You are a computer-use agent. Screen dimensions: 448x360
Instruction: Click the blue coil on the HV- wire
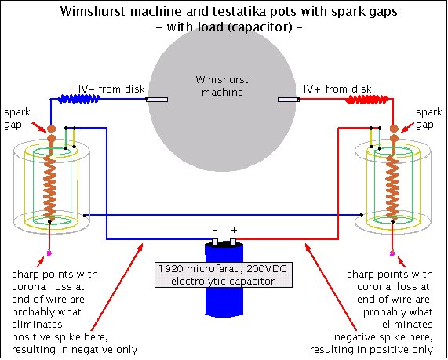click(x=79, y=99)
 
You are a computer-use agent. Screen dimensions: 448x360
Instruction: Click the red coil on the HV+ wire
click(x=367, y=100)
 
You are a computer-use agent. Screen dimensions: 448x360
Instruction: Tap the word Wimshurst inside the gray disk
click(x=222, y=79)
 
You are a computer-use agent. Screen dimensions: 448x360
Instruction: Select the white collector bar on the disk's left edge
click(x=157, y=100)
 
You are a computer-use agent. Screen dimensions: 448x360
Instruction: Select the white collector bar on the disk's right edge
click(x=289, y=100)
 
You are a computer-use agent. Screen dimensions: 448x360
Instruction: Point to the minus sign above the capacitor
click(x=215, y=231)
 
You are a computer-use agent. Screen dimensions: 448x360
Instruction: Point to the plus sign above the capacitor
click(x=234, y=230)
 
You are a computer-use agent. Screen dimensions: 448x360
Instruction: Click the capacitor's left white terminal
click(x=215, y=242)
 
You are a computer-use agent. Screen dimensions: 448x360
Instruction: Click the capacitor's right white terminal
click(x=233, y=242)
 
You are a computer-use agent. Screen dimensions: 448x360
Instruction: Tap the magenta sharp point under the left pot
click(x=49, y=253)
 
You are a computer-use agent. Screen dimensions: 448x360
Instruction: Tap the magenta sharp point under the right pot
click(x=392, y=253)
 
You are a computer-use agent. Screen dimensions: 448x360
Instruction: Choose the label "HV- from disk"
click(x=109, y=89)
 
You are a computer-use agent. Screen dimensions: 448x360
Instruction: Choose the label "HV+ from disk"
click(x=335, y=89)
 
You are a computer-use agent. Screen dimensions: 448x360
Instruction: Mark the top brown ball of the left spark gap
click(x=51, y=129)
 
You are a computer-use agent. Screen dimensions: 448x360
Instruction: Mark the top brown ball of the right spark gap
click(x=395, y=129)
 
